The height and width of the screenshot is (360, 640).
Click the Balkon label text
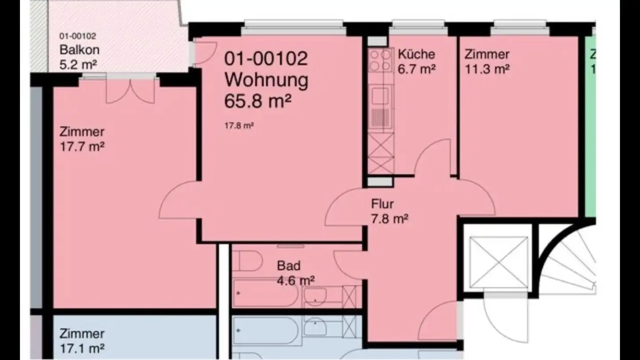(x=79, y=50)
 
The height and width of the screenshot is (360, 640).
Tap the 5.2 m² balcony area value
(x=78, y=65)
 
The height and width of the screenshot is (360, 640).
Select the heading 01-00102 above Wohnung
(x=265, y=59)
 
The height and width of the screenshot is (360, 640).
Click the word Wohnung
(x=266, y=80)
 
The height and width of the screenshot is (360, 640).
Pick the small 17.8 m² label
(x=239, y=126)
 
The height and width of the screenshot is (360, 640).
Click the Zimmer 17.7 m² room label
(x=82, y=132)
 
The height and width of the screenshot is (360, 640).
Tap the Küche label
(x=416, y=54)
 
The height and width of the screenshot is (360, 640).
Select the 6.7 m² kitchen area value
(x=416, y=69)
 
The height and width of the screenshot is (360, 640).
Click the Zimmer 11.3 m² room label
(x=487, y=54)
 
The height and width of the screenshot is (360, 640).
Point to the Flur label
(x=382, y=204)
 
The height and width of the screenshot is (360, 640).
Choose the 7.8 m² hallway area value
(x=390, y=219)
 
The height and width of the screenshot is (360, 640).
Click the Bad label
(x=288, y=266)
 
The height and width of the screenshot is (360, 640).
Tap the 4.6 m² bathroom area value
(x=296, y=280)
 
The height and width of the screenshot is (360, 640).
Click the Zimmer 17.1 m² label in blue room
(x=82, y=333)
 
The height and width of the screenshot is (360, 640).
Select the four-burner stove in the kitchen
(x=380, y=60)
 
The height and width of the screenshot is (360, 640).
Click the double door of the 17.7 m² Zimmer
(x=131, y=90)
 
